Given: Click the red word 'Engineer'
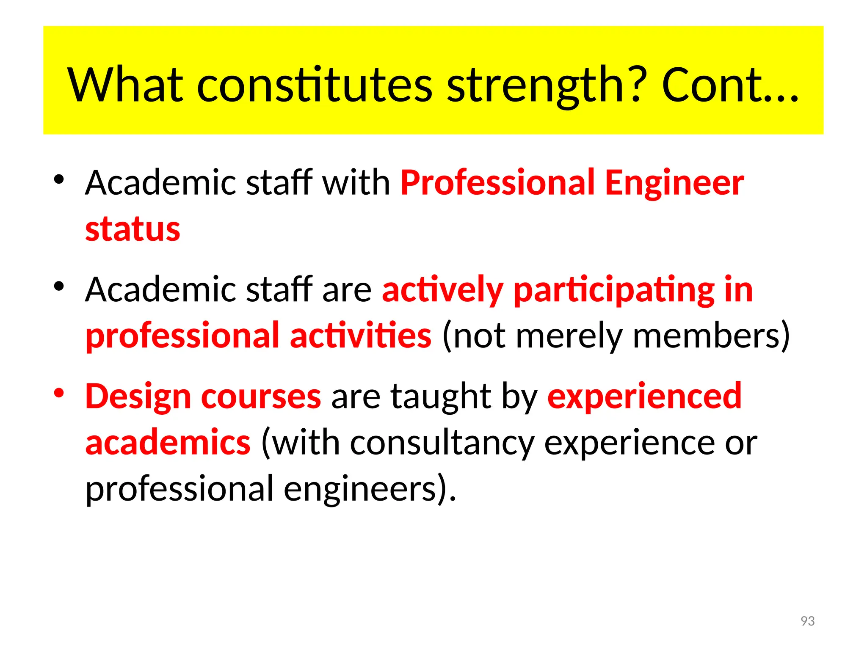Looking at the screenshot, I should coord(674,183).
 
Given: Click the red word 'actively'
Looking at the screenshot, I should coord(442,290).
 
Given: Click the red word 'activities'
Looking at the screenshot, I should coord(361,336).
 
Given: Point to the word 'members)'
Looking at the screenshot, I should coord(712,336).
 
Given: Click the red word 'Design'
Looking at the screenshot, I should coord(138,397).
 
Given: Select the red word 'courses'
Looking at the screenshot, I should coord(261,397).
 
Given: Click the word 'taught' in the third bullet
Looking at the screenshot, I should coord(440,397).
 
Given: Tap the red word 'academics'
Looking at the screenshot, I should coord(168,443).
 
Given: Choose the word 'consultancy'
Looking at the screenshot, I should coord(442,443).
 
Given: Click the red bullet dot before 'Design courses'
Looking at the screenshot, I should coord(59,393).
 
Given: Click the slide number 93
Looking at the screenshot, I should coord(808,621).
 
